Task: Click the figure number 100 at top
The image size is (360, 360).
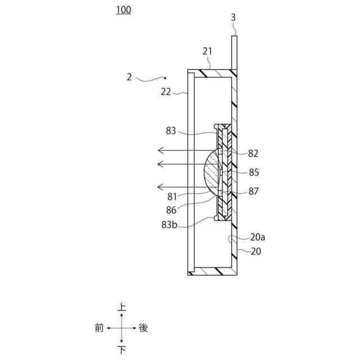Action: click(x=123, y=10)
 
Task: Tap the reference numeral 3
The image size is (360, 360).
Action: click(x=233, y=17)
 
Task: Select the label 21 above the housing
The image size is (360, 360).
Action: click(x=208, y=52)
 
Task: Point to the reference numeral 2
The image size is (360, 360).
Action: click(x=129, y=78)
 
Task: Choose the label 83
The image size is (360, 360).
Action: click(x=172, y=131)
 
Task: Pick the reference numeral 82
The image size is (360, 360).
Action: click(x=253, y=153)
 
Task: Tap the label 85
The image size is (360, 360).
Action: click(x=253, y=172)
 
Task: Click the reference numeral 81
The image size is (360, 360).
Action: click(x=172, y=197)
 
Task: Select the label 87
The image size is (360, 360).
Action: click(x=253, y=192)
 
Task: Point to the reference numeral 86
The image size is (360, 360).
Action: click(x=172, y=210)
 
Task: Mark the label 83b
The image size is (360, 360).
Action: click(x=170, y=224)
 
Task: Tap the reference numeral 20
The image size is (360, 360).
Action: click(x=256, y=251)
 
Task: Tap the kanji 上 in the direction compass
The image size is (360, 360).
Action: click(x=121, y=307)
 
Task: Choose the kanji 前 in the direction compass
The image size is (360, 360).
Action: click(x=99, y=328)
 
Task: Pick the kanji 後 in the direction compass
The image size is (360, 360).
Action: click(x=143, y=328)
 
